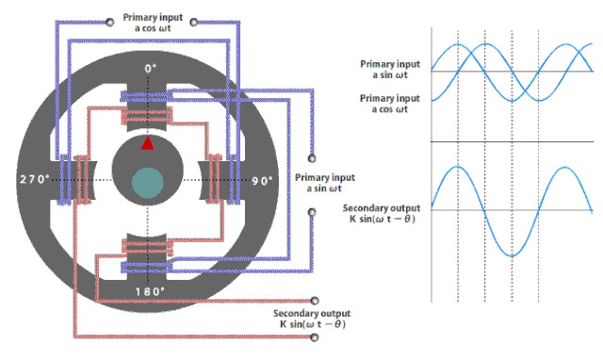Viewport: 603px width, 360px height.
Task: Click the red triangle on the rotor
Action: click(x=148, y=143)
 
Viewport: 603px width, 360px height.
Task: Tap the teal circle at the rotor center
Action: click(x=148, y=183)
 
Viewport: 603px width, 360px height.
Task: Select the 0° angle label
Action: click(x=151, y=69)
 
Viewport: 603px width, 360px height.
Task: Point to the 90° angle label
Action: click(x=262, y=181)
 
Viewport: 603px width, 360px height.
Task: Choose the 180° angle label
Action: click(x=150, y=291)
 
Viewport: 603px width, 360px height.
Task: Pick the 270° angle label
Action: click(x=35, y=179)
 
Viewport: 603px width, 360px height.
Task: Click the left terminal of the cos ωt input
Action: click(x=110, y=23)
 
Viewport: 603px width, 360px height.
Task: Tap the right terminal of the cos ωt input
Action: click(x=194, y=23)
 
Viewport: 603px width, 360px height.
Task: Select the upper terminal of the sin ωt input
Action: click(x=312, y=158)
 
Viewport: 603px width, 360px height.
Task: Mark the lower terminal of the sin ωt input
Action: click(x=312, y=212)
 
